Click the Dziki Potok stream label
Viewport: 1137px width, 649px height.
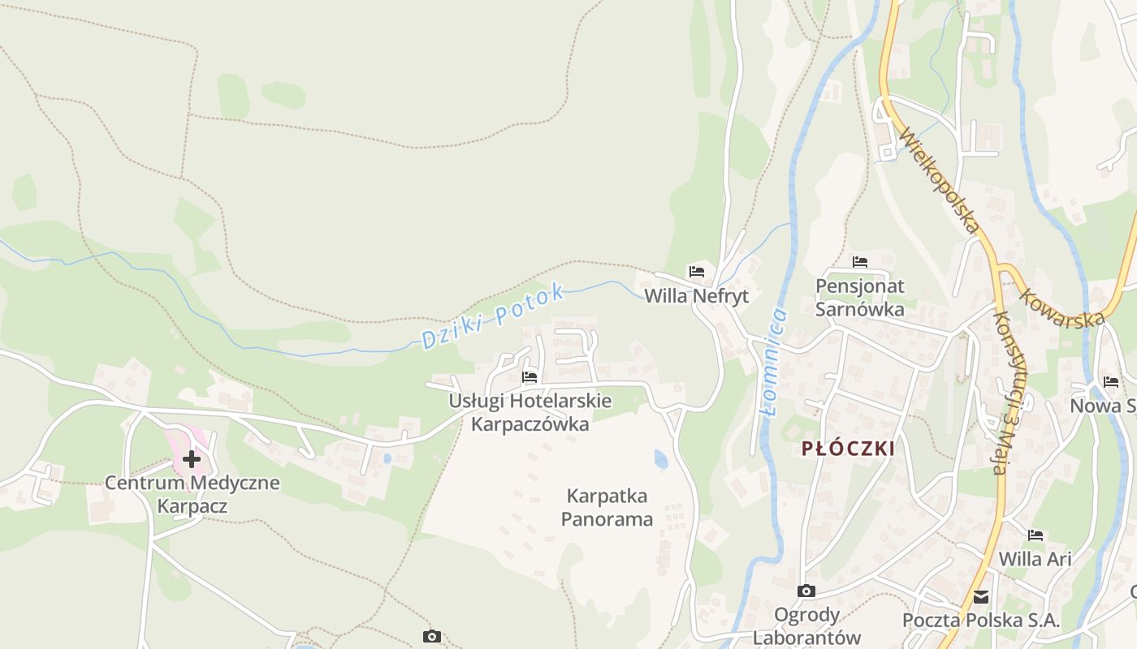click(492, 316)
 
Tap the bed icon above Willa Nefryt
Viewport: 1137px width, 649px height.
click(696, 271)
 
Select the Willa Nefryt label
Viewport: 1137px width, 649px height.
click(696, 296)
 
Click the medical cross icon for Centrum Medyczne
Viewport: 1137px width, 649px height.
click(192, 460)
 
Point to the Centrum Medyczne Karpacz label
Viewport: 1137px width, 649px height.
click(192, 495)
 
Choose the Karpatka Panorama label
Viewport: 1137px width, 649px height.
click(607, 507)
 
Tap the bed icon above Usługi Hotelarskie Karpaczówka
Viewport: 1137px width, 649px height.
click(530, 377)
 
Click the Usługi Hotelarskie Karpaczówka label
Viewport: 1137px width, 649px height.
click(530, 412)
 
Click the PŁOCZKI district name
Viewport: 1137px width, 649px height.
click(848, 449)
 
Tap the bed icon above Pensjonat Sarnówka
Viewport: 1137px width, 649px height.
click(860, 262)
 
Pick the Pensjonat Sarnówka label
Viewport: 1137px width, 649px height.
click(860, 298)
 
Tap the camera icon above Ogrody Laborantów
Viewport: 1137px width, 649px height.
click(806, 591)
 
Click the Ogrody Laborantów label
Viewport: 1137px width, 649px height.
click(806, 625)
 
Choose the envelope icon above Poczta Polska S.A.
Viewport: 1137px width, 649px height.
click(981, 597)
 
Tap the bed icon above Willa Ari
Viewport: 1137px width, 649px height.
click(1035, 535)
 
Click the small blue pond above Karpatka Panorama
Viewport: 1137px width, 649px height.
click(661, 460)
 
